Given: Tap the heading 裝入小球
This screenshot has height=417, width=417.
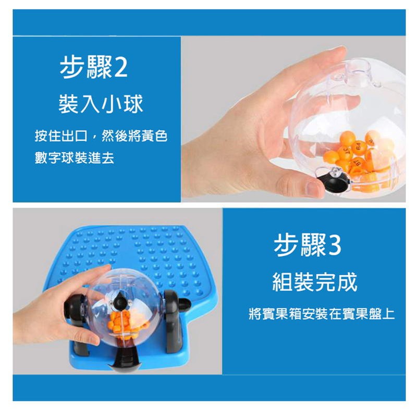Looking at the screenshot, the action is click(101, 104).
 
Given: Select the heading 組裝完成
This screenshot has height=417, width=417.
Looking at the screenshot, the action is click(315, 281).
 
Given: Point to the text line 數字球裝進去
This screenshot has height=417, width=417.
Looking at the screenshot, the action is click(75, 158).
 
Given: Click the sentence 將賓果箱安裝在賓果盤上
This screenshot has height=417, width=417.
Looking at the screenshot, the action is click(322, 314).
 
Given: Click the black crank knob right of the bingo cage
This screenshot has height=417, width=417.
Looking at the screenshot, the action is click(185, 304).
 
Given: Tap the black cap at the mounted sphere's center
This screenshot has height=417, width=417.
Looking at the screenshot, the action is click(120, 301).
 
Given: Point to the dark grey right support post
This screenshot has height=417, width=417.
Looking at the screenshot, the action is click(174, 321).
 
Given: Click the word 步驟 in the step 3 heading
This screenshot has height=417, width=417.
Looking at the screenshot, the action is click(300, 246).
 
